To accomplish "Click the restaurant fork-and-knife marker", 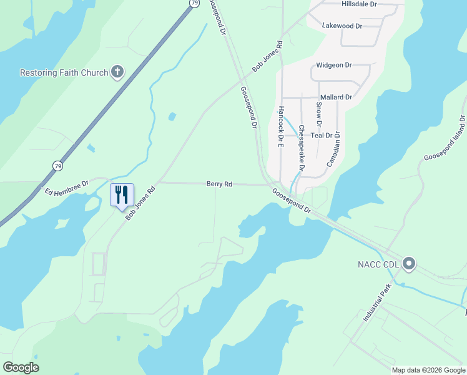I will pos(122,195).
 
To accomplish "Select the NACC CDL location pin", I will pos(409,264).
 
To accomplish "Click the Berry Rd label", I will pos(219,184).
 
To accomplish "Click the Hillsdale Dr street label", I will pos(360,4).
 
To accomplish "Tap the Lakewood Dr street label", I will pos(342,26).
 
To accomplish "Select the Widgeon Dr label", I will pos(334,65).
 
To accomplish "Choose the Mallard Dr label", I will pos(336,97).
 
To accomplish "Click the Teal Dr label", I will pos(322,136).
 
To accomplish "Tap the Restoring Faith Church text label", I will pos(64,72).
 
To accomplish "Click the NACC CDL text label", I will pos(378,264).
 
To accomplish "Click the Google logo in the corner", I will pos(21,367).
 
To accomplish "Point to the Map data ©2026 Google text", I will pos(428,370).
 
